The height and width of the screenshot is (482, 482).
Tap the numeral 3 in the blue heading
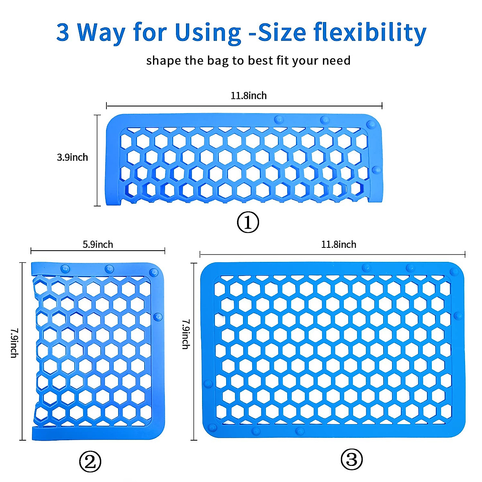[63, 32]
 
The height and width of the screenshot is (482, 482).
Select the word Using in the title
[207, 32]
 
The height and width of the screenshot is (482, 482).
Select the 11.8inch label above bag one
[248, 96]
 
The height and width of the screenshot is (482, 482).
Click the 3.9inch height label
[72, 157]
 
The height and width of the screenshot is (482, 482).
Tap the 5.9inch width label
[98, 244]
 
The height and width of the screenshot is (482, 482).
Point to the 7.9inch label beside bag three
[185, 334]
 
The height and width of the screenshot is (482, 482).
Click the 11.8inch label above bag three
[338, 244]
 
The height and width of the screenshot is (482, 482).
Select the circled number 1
[248, 222]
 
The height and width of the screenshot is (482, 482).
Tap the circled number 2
[90, 462]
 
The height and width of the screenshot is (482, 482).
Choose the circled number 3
[351, 459]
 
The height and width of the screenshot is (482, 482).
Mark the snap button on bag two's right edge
[158, 317]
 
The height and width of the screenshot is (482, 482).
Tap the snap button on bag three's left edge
[208, 384]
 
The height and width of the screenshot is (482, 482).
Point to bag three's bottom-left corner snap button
[212, 427]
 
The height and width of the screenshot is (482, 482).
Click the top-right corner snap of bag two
[153, 272]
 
